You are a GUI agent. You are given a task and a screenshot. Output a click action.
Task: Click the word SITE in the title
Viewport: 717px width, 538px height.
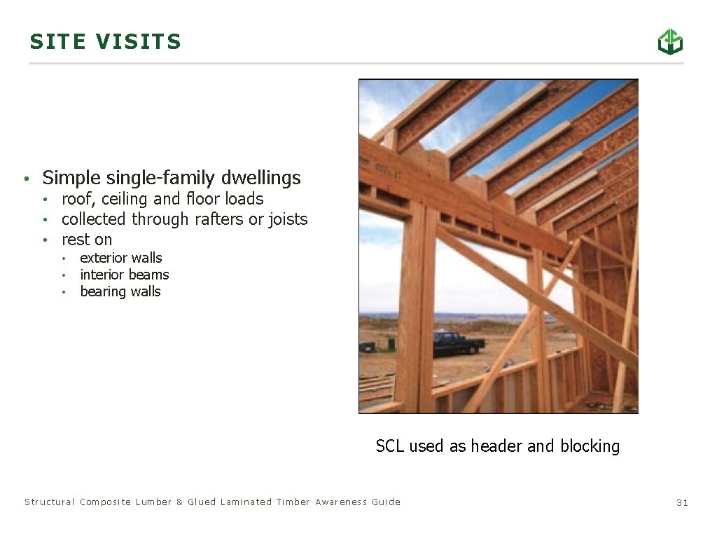coord(58,42)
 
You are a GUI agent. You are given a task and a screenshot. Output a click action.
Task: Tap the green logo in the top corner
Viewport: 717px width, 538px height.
coord(669,41)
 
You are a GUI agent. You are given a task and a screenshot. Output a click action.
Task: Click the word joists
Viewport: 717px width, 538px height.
coord(285,219)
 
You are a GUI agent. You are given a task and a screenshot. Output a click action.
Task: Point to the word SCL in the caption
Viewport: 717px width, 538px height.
coord(390,446)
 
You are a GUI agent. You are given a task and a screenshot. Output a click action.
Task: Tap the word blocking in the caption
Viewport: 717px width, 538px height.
coord(590,446)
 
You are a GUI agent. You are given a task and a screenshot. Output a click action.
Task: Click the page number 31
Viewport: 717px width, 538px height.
coord(683,502)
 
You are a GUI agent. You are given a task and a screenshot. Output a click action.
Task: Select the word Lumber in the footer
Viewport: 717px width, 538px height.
coord(153,502)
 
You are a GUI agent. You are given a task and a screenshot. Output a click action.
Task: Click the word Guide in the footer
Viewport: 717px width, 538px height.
coord(387,502)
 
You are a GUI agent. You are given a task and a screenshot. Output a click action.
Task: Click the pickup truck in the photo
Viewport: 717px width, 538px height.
coord(458,343)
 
